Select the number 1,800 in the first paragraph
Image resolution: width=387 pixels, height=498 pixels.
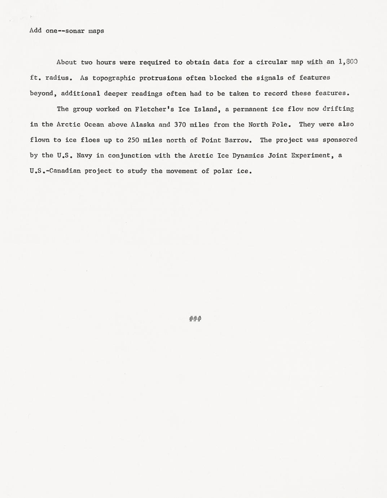pos(348,62)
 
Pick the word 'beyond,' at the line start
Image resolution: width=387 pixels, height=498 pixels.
pos(43,93)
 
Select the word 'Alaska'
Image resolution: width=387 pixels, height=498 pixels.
pos(143,125)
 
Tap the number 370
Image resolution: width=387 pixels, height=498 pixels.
pos(180,125)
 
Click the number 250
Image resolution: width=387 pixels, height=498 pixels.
pos(133,140)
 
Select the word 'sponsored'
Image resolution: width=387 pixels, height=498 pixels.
pos(340,140)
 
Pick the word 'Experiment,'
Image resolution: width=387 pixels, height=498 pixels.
pos(311,156)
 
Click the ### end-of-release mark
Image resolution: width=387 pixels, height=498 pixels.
pos(195,319)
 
